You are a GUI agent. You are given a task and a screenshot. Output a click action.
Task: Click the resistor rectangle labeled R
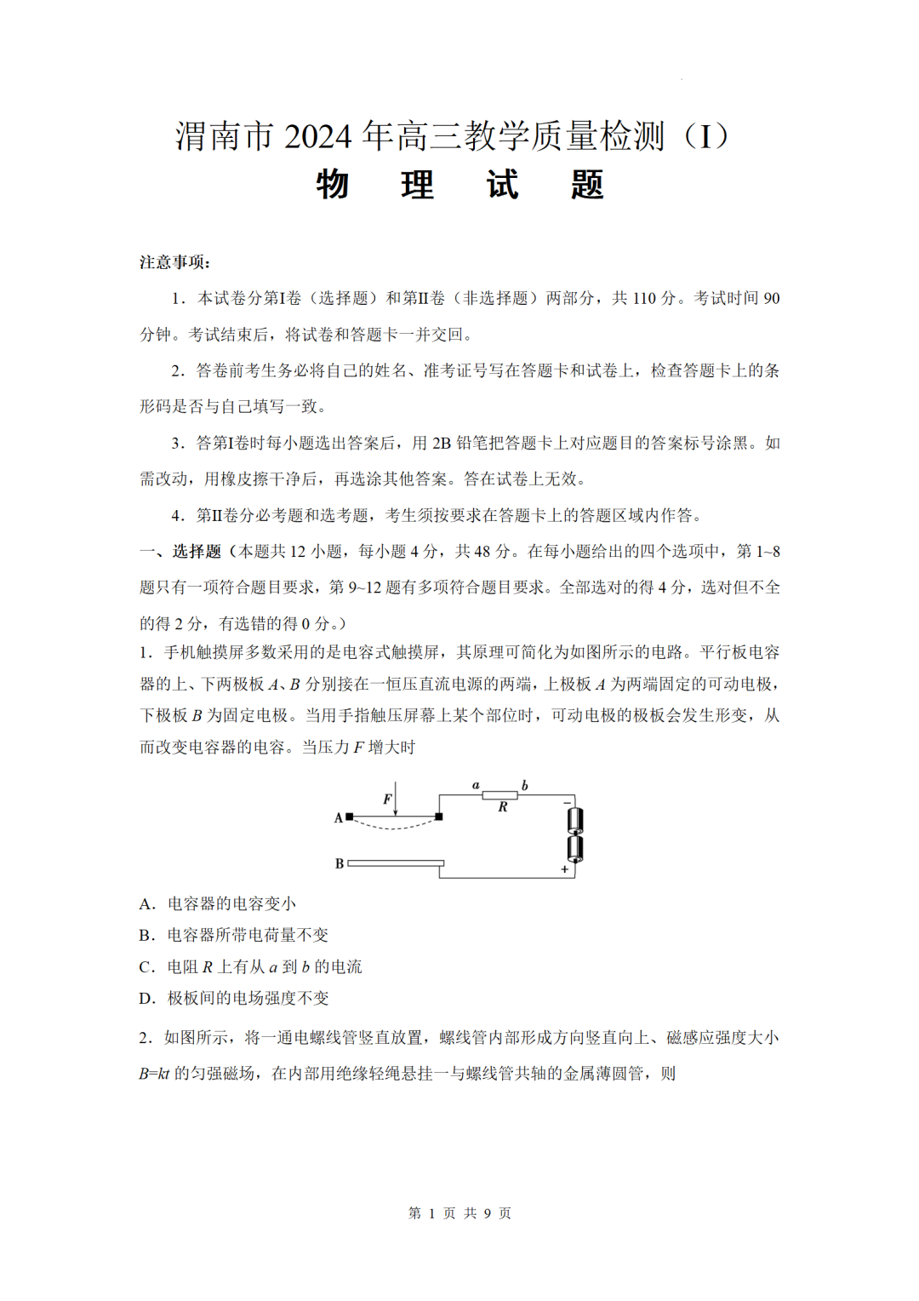tap(499, 795)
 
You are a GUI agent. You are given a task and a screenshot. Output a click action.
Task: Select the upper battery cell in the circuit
tap(575, 821)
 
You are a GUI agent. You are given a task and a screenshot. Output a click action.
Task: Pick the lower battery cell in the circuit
tap(575, 848)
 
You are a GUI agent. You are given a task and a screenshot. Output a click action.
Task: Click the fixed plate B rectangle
tap(396, 863)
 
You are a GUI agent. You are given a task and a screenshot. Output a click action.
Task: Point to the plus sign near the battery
tap(564, 869)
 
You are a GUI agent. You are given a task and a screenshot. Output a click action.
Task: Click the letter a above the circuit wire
tap(476, 785)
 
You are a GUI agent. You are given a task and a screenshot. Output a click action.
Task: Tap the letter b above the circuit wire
tap(524, 785)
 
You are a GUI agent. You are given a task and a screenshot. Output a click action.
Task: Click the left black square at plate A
tap(350, 817)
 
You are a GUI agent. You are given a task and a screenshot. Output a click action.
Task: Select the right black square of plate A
tap(439, 817)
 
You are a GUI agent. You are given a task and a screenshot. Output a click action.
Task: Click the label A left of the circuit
tap(338, 817)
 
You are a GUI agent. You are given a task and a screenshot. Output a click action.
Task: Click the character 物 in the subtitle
tap(333, 185)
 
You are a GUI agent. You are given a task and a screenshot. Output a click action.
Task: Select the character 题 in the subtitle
tap(587, 185)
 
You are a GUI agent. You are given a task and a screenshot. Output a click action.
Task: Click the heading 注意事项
tap(174, 262)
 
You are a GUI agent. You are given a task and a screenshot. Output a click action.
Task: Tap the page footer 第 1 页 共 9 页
tap(459, 1212)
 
